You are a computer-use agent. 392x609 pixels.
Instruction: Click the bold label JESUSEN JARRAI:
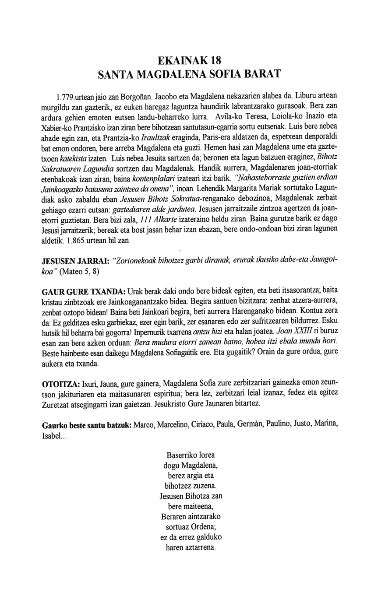[x=75, y=262]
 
